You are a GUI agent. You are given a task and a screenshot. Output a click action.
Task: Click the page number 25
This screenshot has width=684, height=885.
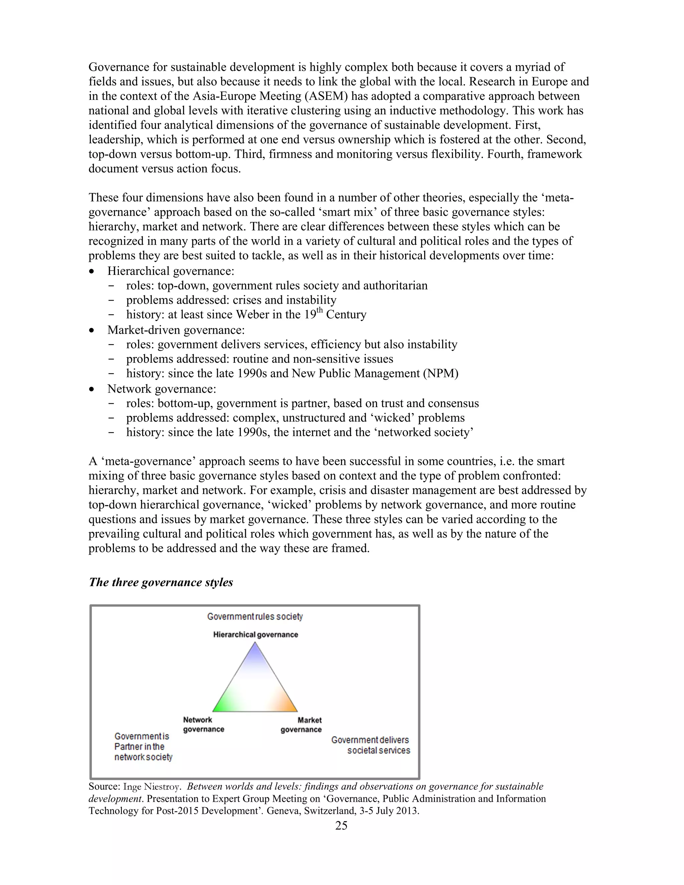(x=341, y=826)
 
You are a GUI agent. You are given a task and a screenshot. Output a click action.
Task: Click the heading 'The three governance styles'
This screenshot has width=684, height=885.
(x=161, y=582)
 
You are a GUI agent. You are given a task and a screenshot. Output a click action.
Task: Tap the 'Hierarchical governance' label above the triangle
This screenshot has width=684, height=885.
(x=256, y=635)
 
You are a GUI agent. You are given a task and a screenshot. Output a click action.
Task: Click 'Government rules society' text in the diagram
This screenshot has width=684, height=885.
(x=255, y=616)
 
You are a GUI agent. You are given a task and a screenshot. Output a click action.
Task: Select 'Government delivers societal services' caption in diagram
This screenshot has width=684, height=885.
(x=371, y=745)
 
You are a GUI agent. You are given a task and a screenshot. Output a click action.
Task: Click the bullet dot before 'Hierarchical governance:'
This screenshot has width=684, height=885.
(x=93, y=271)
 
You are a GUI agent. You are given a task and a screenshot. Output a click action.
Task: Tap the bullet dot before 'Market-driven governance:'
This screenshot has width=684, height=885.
(x=93, y=330)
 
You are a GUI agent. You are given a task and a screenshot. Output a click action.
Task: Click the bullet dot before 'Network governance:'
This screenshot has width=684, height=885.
(x=93, y=389)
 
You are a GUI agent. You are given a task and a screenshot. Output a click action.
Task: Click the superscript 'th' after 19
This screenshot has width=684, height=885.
(x=319, y=310)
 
